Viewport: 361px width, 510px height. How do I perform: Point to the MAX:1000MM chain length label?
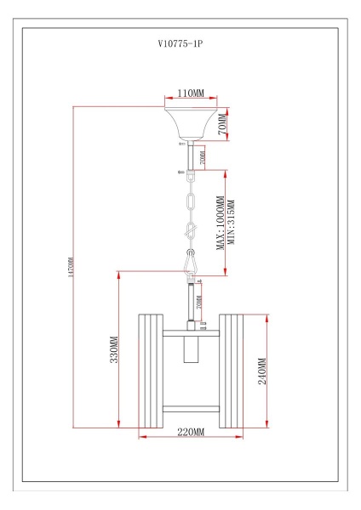(x=220, y=224)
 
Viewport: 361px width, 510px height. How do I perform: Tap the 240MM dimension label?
(x=263, y=371)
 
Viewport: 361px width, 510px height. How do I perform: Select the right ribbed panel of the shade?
(x=232, y=371)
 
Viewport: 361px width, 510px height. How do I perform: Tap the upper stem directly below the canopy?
(x=191, y=156)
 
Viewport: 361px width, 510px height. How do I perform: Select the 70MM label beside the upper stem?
(x=202, y=157)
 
